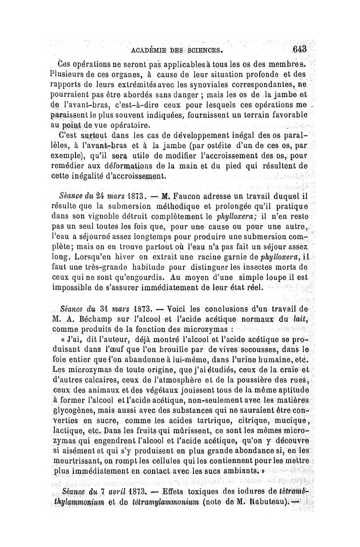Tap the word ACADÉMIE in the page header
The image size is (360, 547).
click(149, 50)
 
